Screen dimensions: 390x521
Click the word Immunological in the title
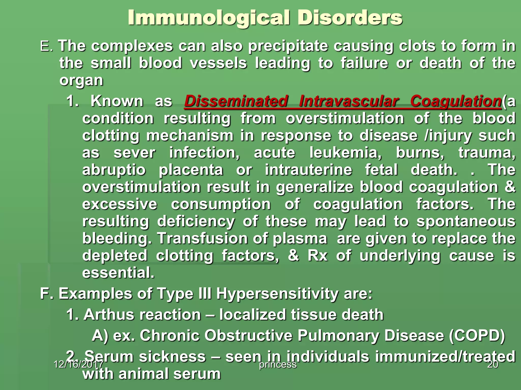[x=209, y=18]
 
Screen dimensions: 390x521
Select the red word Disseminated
[x=236, y=101]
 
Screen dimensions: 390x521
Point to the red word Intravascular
[x=349, y=101]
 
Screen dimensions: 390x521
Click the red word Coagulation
[x=456, y=101]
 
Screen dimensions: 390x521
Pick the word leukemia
[x=345, y=153]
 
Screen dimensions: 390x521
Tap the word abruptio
[x=114, y=170]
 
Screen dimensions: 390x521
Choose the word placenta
[x=191, y=170]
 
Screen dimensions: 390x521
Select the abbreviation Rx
[x=317, y=256]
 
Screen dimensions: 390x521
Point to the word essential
[x=118, y=273]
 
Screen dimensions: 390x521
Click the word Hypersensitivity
[x=277, y=294]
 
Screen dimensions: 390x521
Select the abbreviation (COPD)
[x=477, y=335]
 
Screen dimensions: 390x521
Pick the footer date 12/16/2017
[x=78, y=365]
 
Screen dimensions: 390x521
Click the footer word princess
[x=278, y=365]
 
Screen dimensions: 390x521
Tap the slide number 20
[x=493, y=365]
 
